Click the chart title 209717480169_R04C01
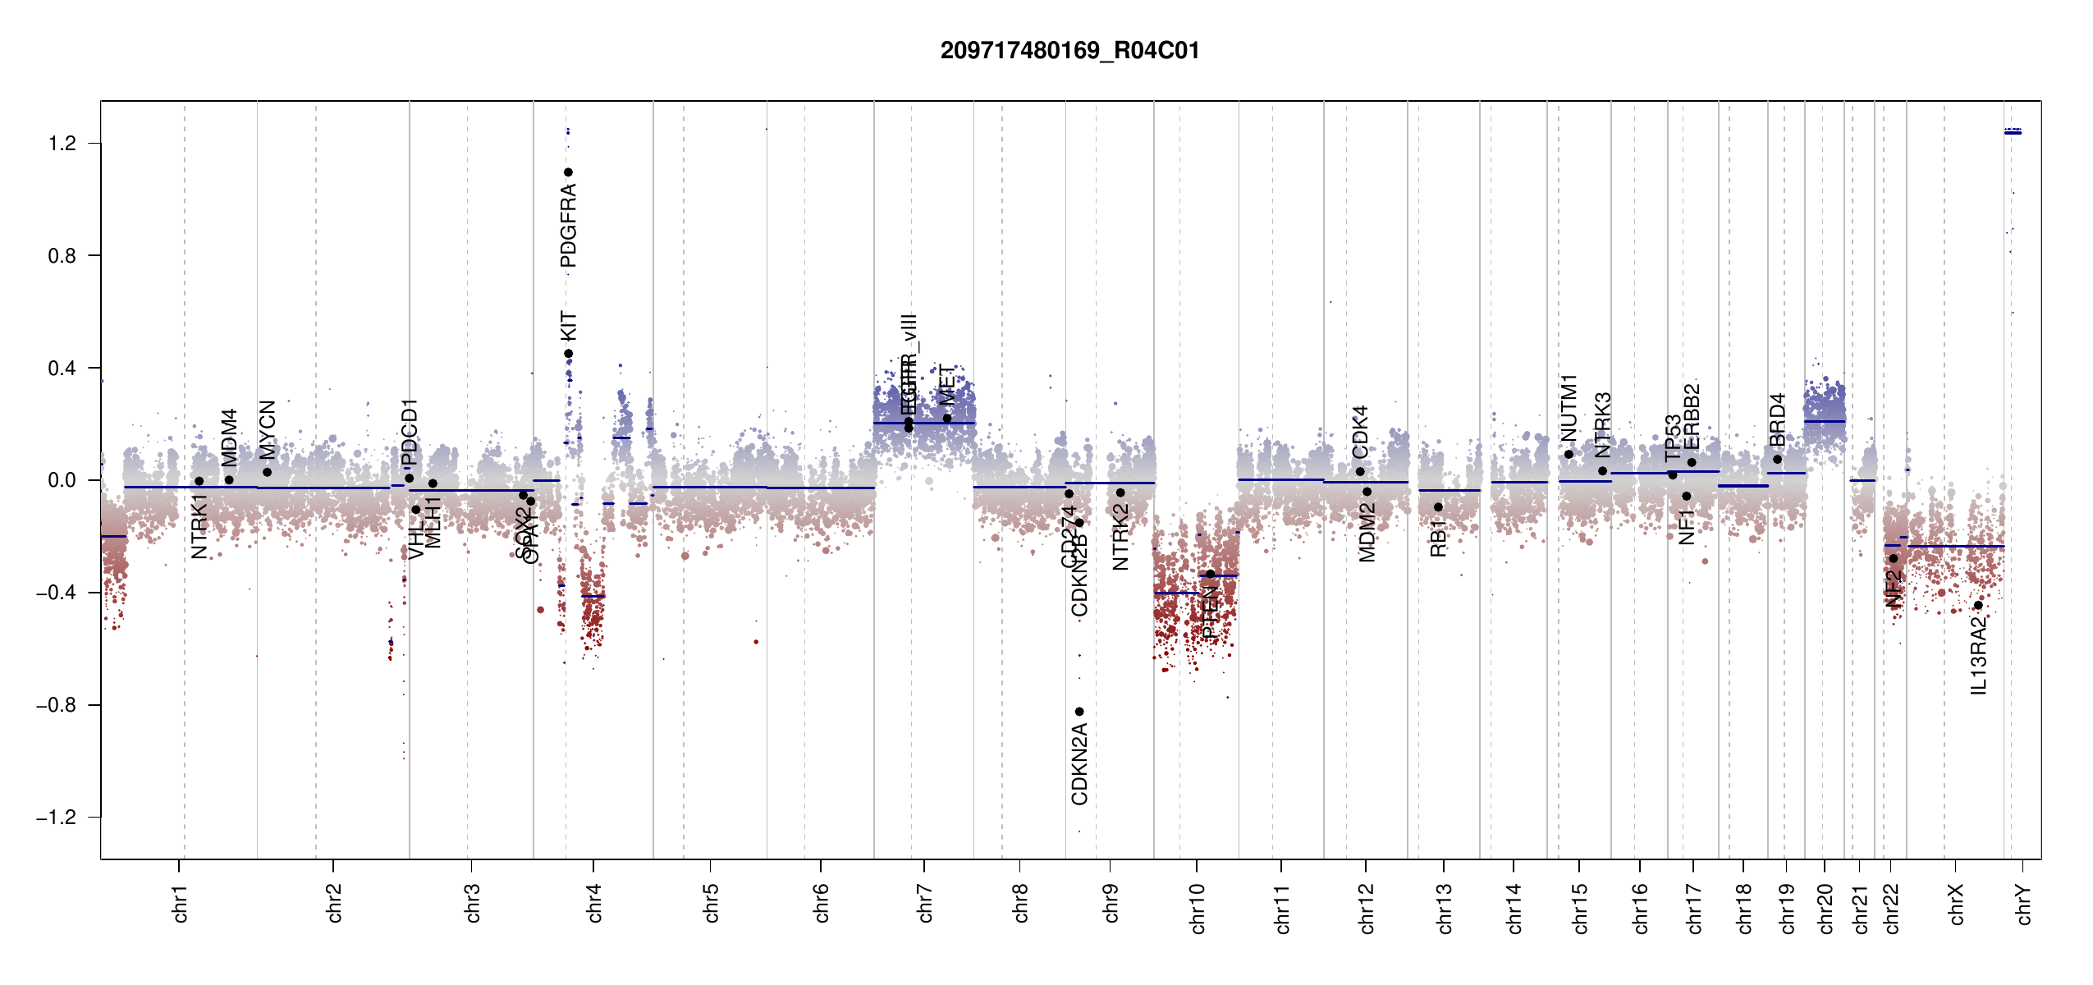click(x=1069, y=51)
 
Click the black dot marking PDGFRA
click(x=568, y=172)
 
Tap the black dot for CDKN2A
click(x=1079, y=712)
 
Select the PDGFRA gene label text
click(x=568, y=226)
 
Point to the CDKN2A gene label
click(x=1079, y=764)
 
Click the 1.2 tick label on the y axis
click(x=62, y=144)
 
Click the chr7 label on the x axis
click(x=925, y=904)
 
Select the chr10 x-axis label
click(x=1197, y=909)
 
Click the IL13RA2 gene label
click(x=1979, y=656)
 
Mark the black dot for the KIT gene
click(x=568, y=354)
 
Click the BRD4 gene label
click(x=1778, y=420)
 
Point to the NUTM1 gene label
click(x=1569, y=408)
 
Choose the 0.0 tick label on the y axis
click(x=62, y=480)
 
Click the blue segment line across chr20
click(x=1825, y=421)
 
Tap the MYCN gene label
click(x=268, y=429)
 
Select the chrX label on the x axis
click(x=1956, y=905)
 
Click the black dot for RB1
click(x=1438, y=507)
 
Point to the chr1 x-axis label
click(x=180, y=904)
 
